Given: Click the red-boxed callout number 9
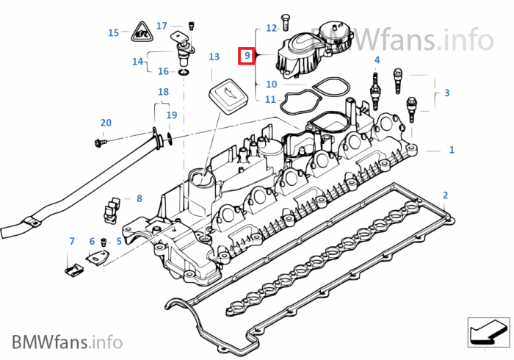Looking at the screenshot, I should pos(247,55).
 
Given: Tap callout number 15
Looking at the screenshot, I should pos(113,32).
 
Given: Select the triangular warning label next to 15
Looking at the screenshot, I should pos(141,32).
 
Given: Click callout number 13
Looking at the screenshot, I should pos(214,56).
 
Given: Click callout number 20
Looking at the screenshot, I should pos(106,122).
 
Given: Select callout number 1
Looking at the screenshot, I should pos(452,150).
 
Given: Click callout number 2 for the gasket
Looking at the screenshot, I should pos(444,195).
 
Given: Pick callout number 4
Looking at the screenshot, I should pos(377,60).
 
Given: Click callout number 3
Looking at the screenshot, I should pos(446,93).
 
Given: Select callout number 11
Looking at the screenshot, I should pos(271,99).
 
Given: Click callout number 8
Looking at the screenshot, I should pos(140,198).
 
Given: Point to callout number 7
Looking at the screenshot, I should pos(72,241).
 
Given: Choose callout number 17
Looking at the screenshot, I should pos(162,25).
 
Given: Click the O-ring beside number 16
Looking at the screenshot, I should pos(181,72).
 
